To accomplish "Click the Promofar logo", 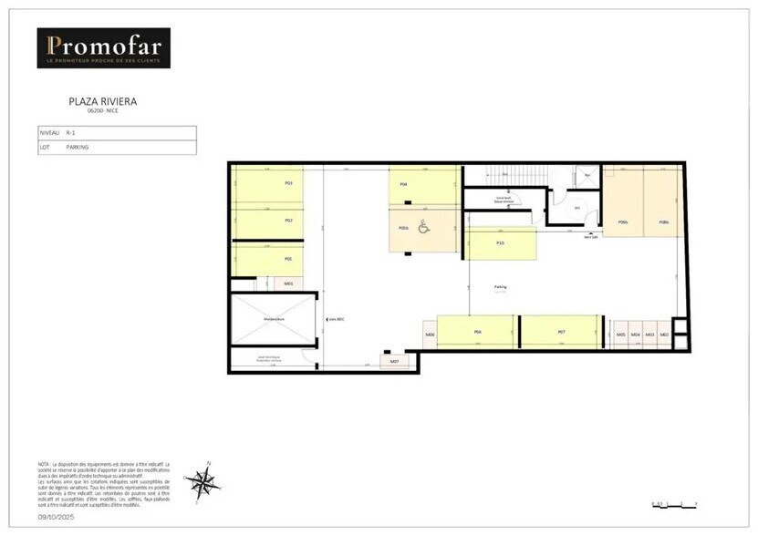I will point(103,47).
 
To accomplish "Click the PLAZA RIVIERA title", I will point(102,101).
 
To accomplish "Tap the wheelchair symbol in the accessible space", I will point(423,228).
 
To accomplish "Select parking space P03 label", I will point(288,183).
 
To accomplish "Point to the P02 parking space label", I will point(288,221).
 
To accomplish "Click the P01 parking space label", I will point(288,258).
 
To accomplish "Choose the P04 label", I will point(403,184).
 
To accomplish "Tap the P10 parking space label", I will point(500,243).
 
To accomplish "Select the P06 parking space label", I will point(477,334).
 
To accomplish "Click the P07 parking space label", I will point(561,334).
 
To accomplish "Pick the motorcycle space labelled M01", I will point(288,283).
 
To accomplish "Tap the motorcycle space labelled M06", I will point(430,335).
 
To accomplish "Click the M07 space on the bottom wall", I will point(395,363).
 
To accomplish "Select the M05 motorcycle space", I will point(621,335).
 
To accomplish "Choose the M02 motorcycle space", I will point(665,335).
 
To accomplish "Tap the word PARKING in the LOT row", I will point(78,147).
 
